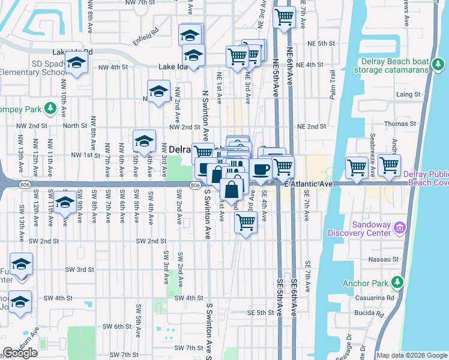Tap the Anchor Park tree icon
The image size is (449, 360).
(x=397, y=283)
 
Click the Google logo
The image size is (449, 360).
(x=20, y=353)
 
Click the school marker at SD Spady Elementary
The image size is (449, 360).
(x=76, y=64)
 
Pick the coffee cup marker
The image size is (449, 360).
(x=261, y=169)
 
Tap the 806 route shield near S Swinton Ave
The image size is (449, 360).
(x=196, y=186)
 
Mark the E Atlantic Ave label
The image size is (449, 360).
(x=309, y=182)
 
